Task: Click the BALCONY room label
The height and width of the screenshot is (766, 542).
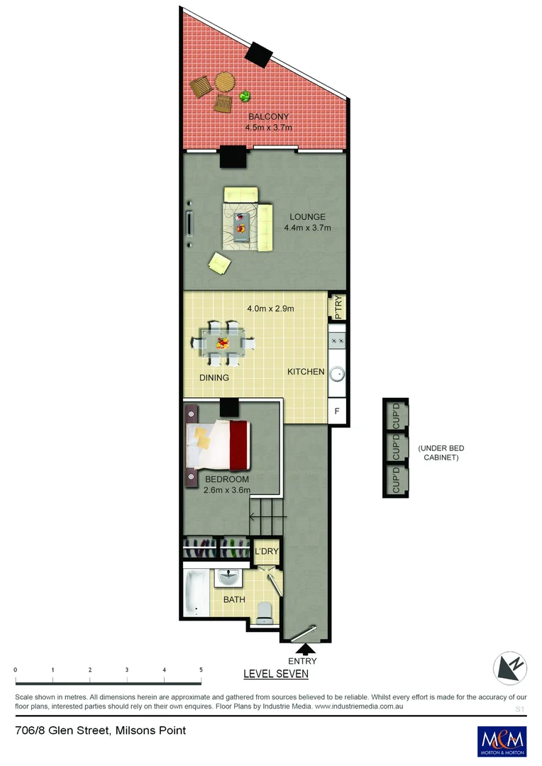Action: (268, 117)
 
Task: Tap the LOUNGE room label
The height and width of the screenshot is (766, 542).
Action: (307, 217)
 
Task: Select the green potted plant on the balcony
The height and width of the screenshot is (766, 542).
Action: (245, 96)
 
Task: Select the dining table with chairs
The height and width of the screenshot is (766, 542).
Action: (223, 343)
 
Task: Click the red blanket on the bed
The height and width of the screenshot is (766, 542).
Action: (239, 445)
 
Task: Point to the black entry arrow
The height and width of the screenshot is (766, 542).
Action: (307, 648)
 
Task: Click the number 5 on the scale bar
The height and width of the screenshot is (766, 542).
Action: (201, 670)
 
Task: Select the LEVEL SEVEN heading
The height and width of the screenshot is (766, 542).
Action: (276, 674)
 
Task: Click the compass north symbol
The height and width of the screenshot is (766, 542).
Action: (511, 667)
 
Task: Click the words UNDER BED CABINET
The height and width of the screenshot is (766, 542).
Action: (441, 453)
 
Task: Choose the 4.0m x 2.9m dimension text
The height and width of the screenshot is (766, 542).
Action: (270, 309)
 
